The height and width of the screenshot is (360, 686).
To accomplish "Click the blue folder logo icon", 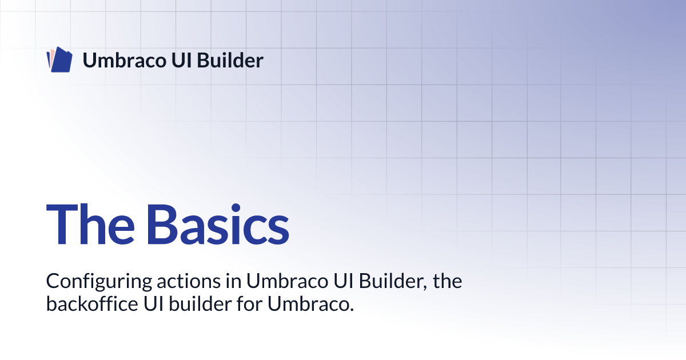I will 59,60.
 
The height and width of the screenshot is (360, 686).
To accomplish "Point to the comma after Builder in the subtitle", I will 426,286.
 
